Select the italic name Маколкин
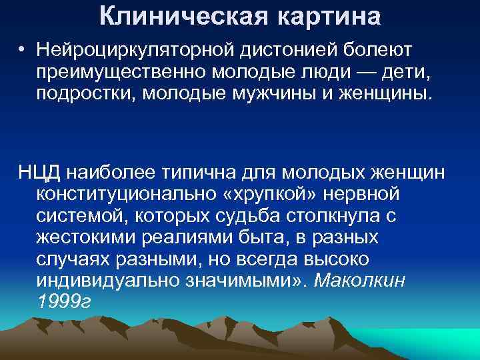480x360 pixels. [x=365, y=281]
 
